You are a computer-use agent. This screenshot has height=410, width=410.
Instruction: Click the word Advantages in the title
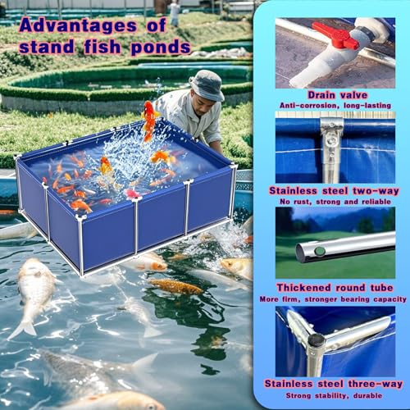(x=78, y=26)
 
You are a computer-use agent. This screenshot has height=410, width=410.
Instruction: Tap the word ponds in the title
(x=161, y=48)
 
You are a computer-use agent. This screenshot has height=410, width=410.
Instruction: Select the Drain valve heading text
(x=338, y=95)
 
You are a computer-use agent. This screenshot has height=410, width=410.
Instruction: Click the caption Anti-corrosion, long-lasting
(x=335, y=106)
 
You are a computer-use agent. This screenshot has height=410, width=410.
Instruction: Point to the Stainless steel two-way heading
(x=334, y=191)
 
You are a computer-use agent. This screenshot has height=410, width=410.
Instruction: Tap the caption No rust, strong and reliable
(x=335, y=202)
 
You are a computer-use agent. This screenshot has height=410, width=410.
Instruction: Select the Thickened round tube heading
(x=335, y=288)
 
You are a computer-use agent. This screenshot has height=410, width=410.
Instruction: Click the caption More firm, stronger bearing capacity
(x=333, y=299)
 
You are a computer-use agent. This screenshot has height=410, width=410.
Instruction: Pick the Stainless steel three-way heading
(x=334, y=384)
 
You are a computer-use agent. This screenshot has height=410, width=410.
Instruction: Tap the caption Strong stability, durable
(x=334, y=395)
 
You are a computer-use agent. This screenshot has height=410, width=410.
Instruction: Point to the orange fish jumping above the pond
(x=149, y=121)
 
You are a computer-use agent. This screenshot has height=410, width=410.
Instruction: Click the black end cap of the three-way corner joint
(x=316, y=340)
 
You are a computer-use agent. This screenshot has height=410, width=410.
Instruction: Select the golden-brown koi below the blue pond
(x=175, y=286)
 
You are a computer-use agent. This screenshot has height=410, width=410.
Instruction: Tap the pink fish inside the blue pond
(x=133, y=194)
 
